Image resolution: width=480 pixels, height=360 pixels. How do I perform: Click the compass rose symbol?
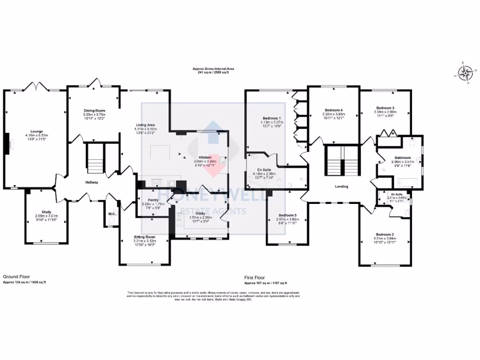[x=465, y=72]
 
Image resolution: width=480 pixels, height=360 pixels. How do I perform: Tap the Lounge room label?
[x=33, y=132]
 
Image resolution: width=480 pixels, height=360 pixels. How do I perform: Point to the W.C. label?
[x=111, y=214]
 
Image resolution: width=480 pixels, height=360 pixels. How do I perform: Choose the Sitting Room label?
[x=144, y=237]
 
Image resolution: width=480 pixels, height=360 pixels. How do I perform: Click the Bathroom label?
[x=401, y=158]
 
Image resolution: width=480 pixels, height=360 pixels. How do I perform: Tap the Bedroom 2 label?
[x=384, y=234]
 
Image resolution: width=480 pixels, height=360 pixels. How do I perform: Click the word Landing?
[x=341, y=187]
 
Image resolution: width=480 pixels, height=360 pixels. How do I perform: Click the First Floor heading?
[x=255, y=277]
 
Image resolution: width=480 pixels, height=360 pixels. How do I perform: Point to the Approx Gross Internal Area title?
[x=213, y=69]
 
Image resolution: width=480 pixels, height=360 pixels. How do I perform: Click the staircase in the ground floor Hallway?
[x=96, y=159]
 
